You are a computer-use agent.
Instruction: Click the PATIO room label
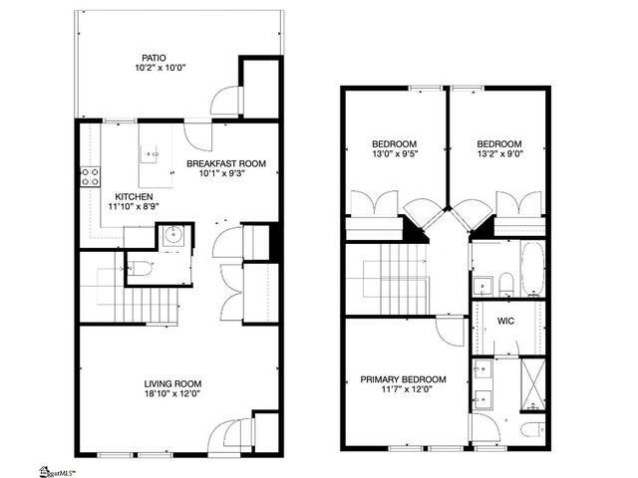coord(154,58)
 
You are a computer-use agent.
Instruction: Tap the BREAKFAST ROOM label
coord(226,163)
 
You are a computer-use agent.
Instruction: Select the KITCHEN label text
coord(134,197)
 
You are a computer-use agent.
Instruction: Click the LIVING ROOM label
coord(172,383)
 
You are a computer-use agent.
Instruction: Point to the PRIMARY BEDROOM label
coord(403,379)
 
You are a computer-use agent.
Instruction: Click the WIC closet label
coord(505,321)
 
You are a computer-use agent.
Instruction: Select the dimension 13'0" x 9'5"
coord(395,153)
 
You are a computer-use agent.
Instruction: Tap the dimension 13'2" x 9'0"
coord(499,153)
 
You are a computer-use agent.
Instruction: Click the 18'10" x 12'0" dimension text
coord(172,393)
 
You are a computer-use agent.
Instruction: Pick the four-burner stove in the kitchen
coord(91,177)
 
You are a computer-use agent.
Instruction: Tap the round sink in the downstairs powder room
coord(173,235)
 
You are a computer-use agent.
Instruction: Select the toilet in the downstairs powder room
coord(140,268)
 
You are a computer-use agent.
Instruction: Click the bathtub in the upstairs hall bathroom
coord(532,269)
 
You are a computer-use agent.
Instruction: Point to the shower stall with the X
coord(532,384)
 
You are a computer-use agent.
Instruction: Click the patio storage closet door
coord(226,100)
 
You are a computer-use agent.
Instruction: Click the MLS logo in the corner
coord(58,471)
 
